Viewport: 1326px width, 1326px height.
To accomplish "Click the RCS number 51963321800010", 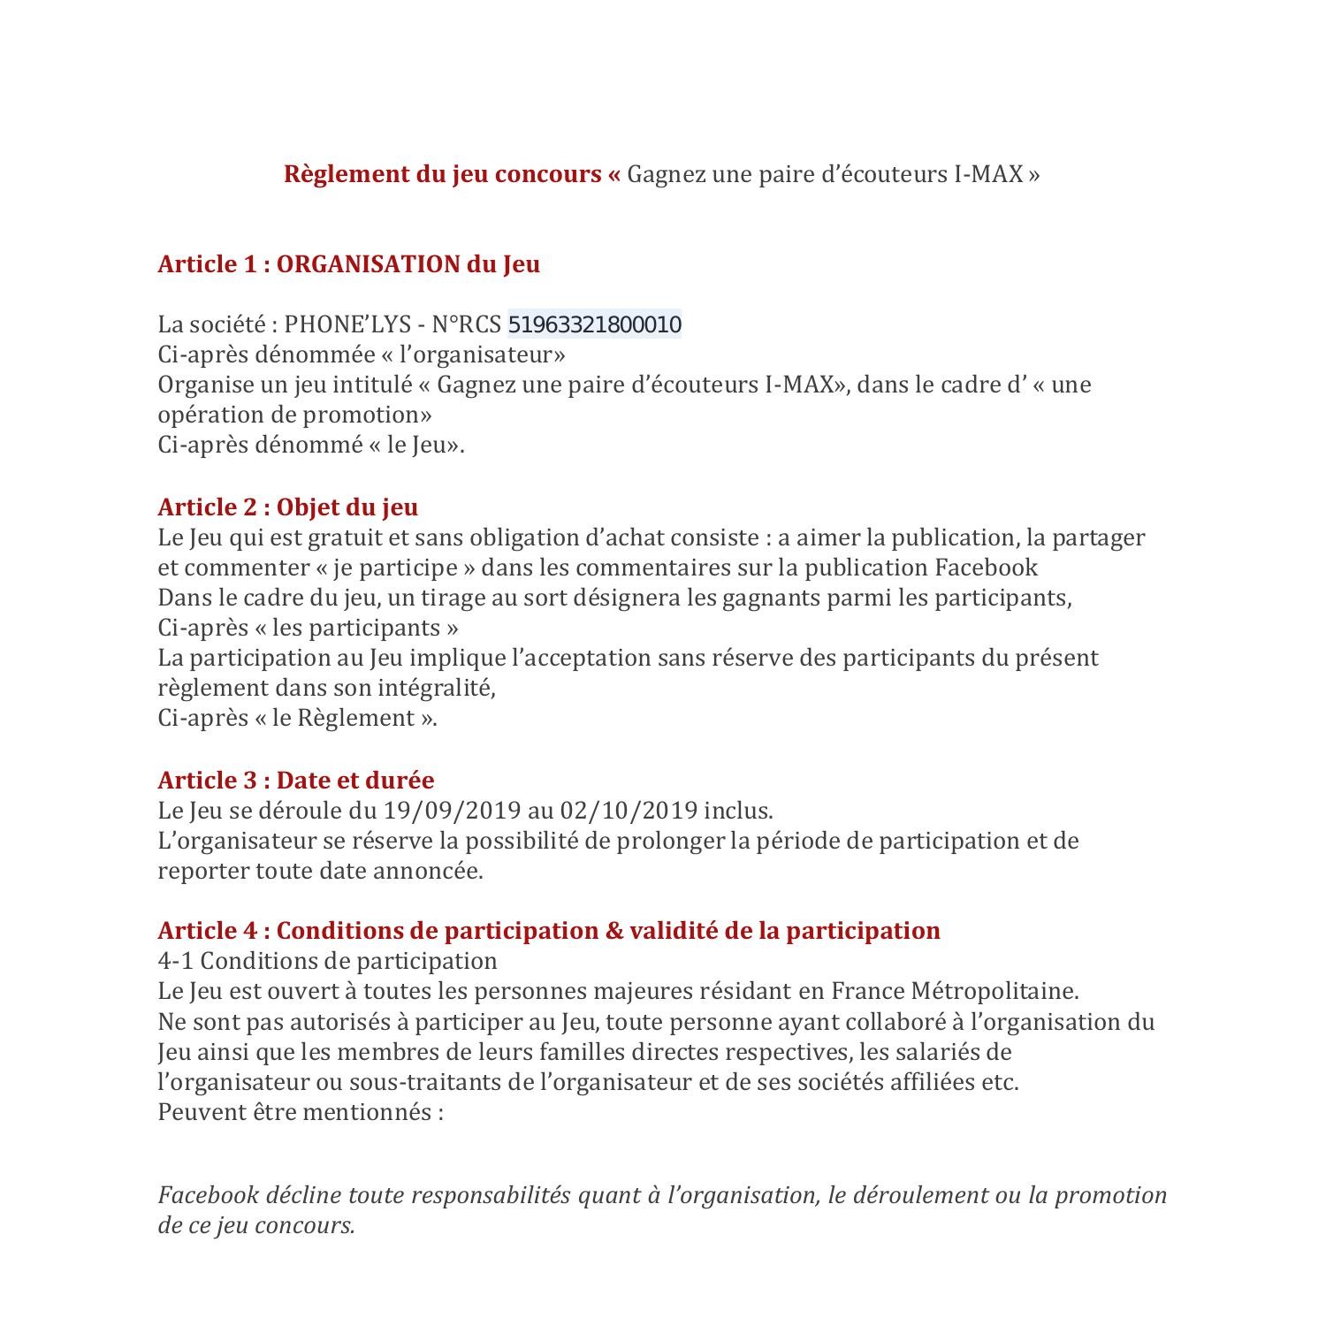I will tap(594, 324).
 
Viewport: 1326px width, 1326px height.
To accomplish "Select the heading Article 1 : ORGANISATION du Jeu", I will tap(348, 263).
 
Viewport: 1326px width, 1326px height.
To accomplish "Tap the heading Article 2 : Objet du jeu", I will tap(287, 507).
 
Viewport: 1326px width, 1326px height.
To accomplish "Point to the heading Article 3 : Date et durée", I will tap(295, 780).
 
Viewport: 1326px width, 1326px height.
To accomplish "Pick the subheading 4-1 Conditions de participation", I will tap(327, 960).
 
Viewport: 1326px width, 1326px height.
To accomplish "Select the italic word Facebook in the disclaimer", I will tap(208, 1195).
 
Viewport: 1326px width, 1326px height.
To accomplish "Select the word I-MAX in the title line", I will tap(988, 173).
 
